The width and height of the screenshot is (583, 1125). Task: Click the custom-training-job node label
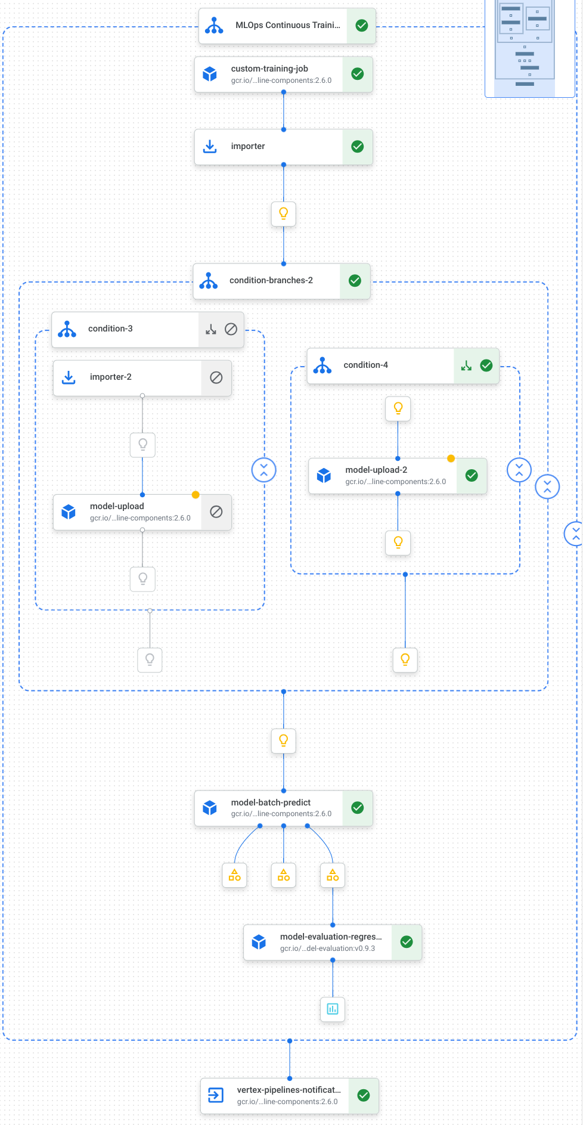(x=269, y=69)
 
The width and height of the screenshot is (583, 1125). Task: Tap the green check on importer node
(x=358, y=147)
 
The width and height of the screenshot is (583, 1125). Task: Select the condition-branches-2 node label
(x=271, y=280)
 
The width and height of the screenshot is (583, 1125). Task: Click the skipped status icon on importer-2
(x=216, y=377)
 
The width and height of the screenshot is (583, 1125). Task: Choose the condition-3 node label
(x=110, y=328)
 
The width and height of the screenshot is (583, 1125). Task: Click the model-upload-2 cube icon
(x=324, y=475)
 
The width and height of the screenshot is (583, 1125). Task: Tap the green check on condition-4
(x=486, y=365)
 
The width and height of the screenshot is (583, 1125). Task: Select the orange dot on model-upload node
(x=196, y=495)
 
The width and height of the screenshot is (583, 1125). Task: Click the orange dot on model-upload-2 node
(x=451, y=458)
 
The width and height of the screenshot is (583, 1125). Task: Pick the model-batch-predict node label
(x=271, y=802)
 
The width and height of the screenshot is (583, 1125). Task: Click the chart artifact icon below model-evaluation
(x=333, y=1009)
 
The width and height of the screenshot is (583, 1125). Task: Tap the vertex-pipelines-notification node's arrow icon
(x=215, y=1095)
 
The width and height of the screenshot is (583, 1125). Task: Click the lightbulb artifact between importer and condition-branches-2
(x=284, y=213)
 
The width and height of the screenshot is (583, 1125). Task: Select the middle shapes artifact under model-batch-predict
(x=284, y=875)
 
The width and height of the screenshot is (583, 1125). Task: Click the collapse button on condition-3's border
(x=263, y=470)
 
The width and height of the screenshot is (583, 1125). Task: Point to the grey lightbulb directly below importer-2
(x=142, y=445)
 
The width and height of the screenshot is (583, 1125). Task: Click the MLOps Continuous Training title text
(x=287, y=25)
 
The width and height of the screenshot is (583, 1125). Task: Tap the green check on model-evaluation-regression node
(x=407, y=942)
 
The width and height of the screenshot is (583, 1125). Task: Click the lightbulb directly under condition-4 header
(x=398, y=408)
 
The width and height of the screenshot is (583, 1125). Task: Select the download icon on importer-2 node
(x=69, y=377)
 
